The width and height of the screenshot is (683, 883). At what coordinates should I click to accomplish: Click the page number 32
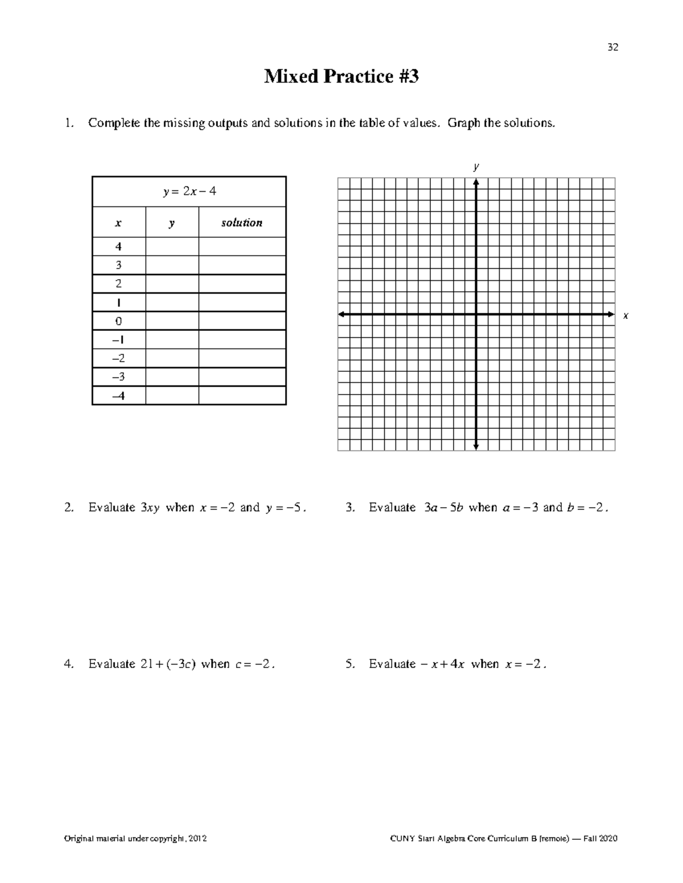pos(612,47)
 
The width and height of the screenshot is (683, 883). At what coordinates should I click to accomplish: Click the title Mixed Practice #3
pos(341,76)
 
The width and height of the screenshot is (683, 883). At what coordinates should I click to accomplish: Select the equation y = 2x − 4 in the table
pos(190,192)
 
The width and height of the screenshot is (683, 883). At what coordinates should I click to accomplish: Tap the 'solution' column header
pos(242,223)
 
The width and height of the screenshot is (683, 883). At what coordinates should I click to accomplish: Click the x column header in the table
pos(118,223)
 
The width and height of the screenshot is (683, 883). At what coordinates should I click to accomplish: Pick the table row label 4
pos(118,247)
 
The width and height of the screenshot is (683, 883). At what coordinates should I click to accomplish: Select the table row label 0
pos(118,321)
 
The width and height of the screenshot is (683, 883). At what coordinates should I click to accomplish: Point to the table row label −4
pos(118,396)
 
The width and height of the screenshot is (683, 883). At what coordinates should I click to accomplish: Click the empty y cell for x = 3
pos(172,265)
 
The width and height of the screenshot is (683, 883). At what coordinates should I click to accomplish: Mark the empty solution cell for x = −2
pos(242,358)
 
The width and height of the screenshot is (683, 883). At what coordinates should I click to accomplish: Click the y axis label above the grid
pos(476,167)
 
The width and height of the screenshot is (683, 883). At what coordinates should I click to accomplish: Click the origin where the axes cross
pos(476,314)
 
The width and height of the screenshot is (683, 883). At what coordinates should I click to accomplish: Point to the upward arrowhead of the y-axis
pos(476,182)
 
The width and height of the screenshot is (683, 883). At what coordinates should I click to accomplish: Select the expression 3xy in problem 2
pos(150,508)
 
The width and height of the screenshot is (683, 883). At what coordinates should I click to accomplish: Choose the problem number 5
pos(349,664)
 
